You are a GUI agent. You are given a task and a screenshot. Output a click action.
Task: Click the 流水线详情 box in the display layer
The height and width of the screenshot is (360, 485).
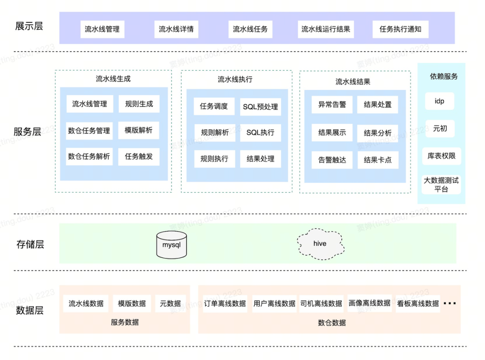176,29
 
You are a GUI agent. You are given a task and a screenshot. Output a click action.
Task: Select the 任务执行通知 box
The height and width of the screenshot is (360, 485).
400,29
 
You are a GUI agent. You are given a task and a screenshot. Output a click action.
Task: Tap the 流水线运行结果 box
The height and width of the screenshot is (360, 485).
326,29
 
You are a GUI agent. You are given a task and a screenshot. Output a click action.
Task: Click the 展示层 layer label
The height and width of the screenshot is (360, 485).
29,27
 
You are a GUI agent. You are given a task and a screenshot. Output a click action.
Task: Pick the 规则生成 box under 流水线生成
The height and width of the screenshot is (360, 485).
139,104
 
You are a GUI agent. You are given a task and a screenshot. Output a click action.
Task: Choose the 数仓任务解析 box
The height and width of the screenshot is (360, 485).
89,157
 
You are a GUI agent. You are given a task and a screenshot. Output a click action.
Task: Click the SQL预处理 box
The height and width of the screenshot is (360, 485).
260,107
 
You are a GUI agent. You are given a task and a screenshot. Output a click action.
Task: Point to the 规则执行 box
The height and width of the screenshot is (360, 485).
214,159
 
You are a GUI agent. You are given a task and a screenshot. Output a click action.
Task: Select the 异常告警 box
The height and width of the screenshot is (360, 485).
332,105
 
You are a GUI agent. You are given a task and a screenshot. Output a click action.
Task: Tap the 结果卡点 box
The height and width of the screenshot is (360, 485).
378,160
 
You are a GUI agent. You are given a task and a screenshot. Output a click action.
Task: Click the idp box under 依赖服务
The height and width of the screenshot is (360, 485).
440,101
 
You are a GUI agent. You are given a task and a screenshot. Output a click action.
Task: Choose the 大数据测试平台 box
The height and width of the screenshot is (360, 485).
441,184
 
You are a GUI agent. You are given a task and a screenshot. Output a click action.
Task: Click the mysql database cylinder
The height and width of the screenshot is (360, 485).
172,244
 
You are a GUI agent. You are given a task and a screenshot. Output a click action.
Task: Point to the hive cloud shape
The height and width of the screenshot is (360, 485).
321,244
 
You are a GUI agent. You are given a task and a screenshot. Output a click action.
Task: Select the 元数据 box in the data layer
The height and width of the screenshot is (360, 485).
170,304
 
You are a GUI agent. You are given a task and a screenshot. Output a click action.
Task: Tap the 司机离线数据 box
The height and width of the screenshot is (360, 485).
321,304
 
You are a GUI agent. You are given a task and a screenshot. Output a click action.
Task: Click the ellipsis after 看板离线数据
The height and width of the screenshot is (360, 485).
450,303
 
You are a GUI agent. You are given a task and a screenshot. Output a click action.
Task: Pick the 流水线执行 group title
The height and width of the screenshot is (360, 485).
235,80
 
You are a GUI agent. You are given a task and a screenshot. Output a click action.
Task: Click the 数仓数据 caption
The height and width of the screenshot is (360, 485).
332,323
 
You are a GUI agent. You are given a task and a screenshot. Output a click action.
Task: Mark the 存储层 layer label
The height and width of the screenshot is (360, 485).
30,244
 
